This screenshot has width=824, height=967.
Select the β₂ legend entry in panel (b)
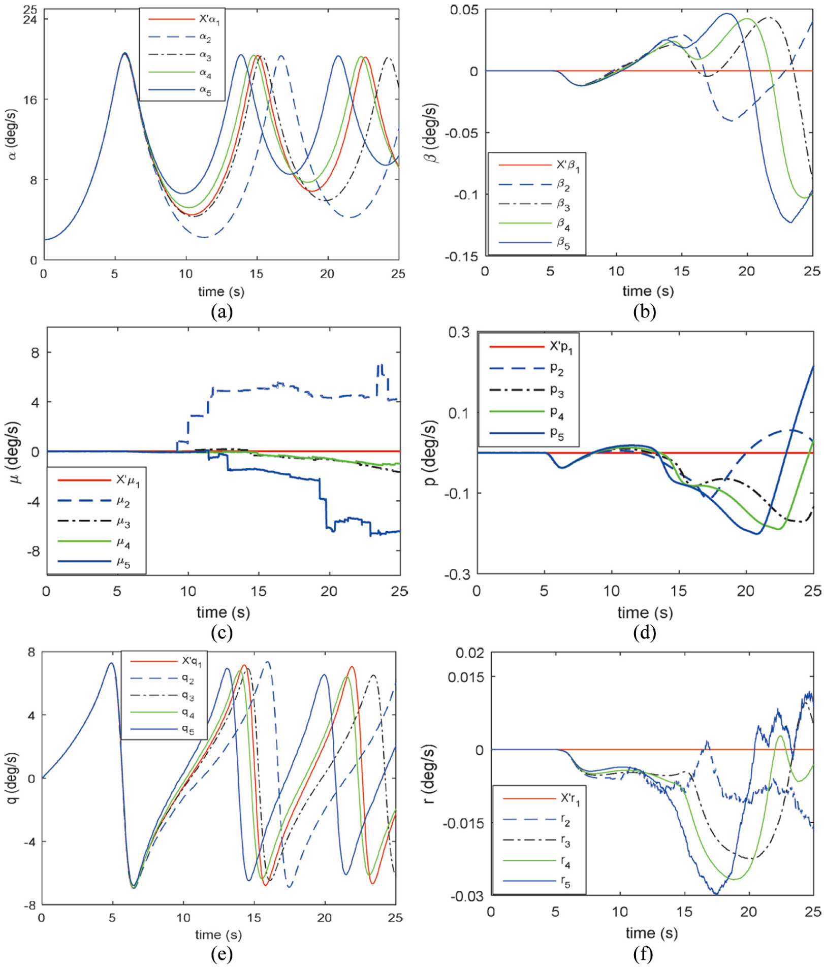pos(534,185)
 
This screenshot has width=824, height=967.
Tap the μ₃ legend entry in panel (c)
pos(94,522)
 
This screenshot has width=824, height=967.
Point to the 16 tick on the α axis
pos(30,100)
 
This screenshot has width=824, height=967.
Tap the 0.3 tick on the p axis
pos(459,333)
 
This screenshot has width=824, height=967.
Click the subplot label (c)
pos(222,632)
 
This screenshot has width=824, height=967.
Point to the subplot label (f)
pos(644,954)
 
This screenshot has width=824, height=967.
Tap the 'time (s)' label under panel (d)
pos(645,613)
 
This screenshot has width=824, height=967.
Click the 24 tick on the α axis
pos(30,20)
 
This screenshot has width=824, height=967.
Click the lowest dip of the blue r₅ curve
pos(716,893)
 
